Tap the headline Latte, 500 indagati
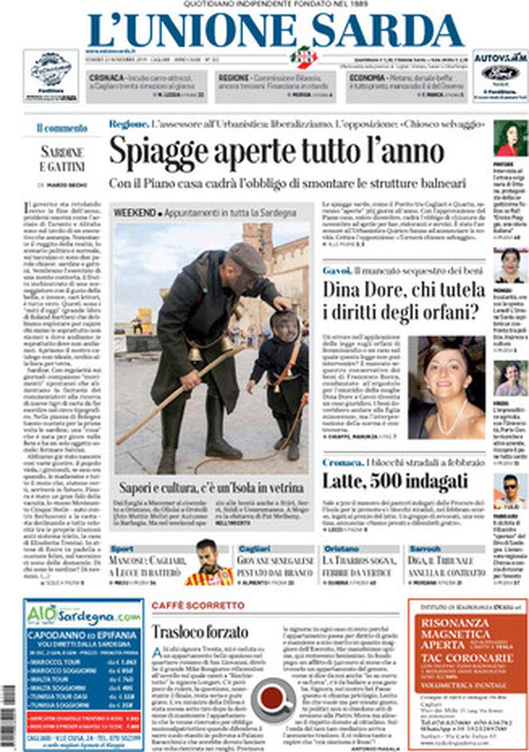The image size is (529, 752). (x=396, y=480)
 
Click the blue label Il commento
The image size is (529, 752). (x=62, y=128)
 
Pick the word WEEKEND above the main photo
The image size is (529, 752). (x=133, y=213)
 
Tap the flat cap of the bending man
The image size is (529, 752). (x=246, y=257)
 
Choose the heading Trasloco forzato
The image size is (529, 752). (x=189, y=631)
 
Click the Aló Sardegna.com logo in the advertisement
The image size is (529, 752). (x=83, y=615)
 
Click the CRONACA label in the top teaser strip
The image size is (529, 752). (x=106, y=78)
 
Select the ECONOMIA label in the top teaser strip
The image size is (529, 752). (x=367, y=78)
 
